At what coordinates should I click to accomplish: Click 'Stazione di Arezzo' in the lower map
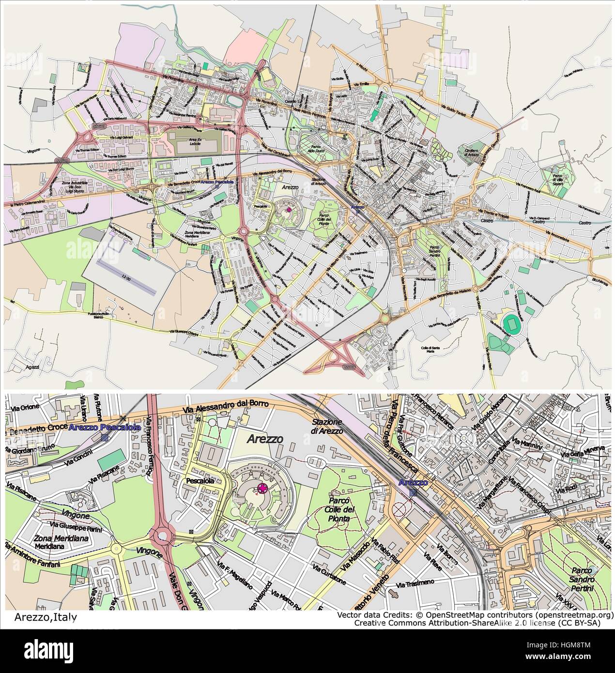coord(327,427)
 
